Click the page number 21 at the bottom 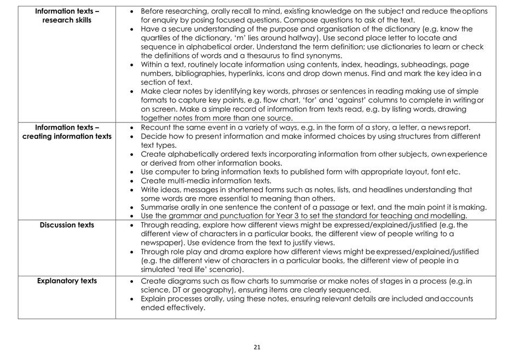(x=257, y=347)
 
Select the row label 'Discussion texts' (x=67, y=225)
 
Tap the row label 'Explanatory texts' (x=67, y=281)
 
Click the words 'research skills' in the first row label (x=67, y=20)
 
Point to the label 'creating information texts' (x=67, y=136)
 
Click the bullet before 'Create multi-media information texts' (x=134, y=181)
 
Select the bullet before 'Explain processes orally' (x=134, y=299)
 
